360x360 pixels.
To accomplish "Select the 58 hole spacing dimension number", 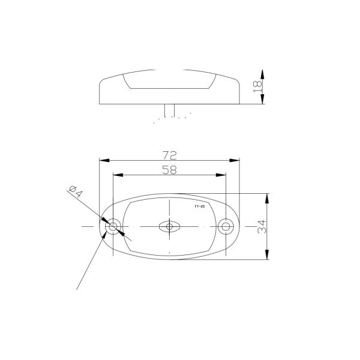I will tap(170, 170).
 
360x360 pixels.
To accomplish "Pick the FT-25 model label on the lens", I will tap(200, 206).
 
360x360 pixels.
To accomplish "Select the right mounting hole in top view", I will tap(226, 227).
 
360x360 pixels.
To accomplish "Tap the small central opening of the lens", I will tap(169, 227).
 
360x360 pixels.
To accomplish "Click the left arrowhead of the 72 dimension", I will tap(103, 160).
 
